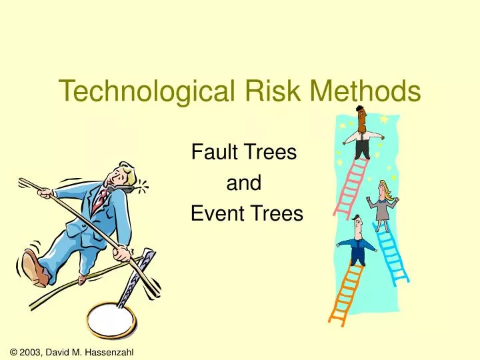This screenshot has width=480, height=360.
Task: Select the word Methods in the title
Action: coord(361,91)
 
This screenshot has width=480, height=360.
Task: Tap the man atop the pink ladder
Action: coord(361,133)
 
